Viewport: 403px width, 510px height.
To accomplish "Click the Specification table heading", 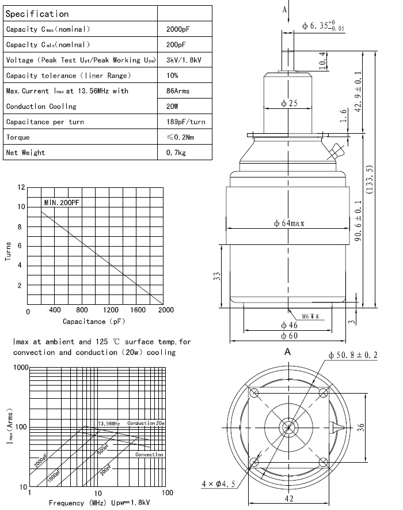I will (37, 13).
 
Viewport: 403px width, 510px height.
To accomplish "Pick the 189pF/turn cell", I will (185, 122).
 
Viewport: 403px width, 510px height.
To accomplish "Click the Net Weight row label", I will (25, 153).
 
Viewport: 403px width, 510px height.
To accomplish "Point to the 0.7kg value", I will (176, 153).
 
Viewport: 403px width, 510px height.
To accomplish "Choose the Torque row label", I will (18, 137).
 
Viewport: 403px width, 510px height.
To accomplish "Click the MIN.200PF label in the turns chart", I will (62, 202).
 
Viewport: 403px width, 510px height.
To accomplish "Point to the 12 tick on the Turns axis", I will (21, 187).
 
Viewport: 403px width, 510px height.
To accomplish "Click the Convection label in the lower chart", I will (149, 455).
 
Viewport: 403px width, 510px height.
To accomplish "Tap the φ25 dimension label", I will (289, 104).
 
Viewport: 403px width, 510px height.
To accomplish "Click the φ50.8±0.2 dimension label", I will (353, 355).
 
